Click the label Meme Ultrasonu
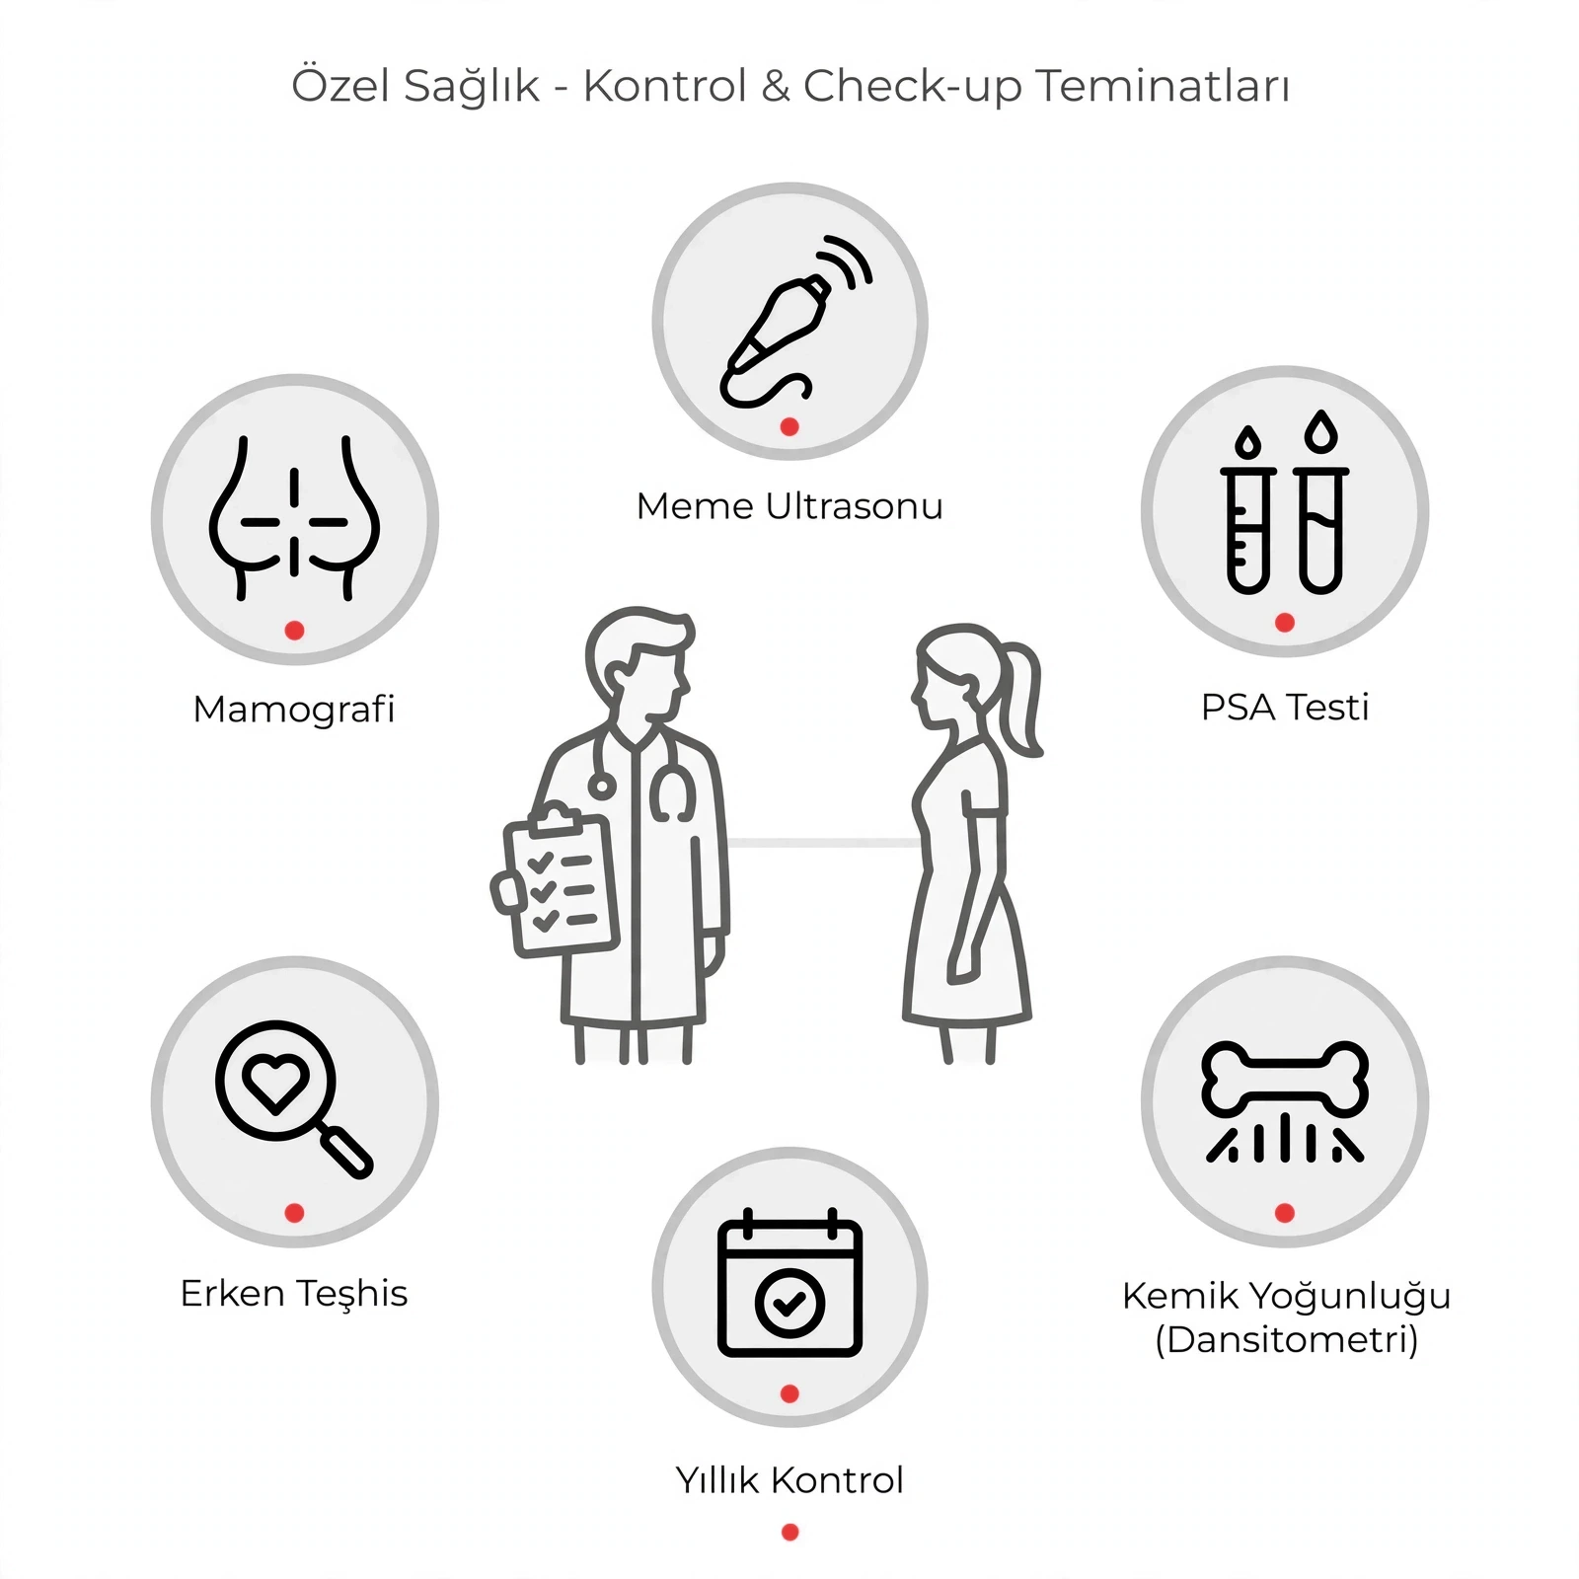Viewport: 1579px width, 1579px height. (x=789, y=506)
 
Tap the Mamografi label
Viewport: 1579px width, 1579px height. (x=294, y=710)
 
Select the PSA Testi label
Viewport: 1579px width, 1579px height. (x=1285, y=708)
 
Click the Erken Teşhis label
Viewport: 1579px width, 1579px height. (x=294, y=1294)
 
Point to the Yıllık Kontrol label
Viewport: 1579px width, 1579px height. (x=789, y=1480)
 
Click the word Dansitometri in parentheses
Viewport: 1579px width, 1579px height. (x=1287, y=1340)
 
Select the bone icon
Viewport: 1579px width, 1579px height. (x=1285, y=1081)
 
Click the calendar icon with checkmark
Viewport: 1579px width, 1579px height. (x=789, y=1283)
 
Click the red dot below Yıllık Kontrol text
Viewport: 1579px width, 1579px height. (x=789, y=1533)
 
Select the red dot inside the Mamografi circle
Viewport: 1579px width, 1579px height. (x=294, y=631)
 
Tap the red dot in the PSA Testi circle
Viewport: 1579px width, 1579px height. (x=1285, y=623)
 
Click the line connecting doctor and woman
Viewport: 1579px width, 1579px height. (x=824, y=843)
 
